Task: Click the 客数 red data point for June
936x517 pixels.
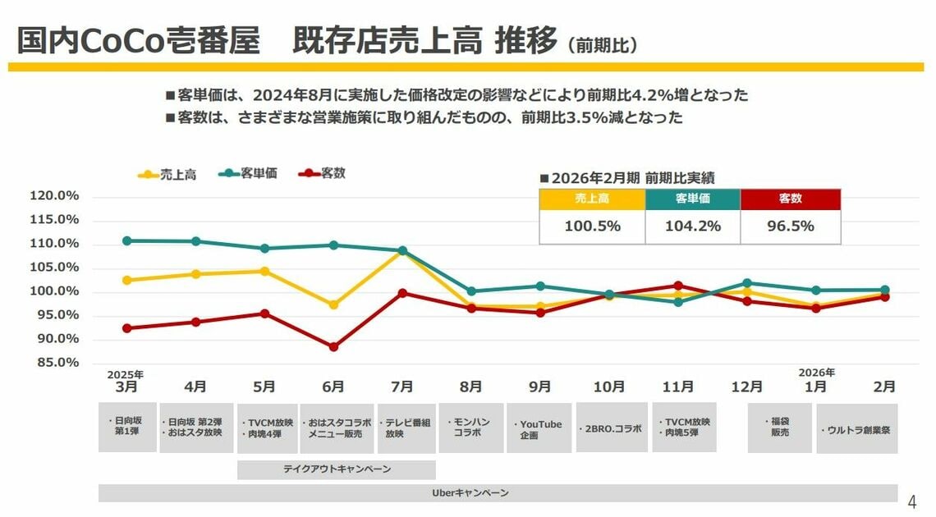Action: click(333, 347)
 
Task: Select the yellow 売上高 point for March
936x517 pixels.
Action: click(126, 280)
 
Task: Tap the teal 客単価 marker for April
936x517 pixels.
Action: click(195, 241)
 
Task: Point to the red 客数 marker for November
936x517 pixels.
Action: click(678, 286)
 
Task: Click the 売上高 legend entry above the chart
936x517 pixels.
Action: click(167, 174)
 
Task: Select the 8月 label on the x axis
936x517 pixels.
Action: click(471, 387)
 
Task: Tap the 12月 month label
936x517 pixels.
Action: click(747, 387)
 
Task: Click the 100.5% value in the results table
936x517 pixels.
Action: click(592, 226)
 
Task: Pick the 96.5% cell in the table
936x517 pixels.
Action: click(791, 226)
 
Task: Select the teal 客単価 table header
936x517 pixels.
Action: click(692, 199)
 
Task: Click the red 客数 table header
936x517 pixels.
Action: click(791, 199)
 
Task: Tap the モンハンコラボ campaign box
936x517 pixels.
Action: click(470, 428)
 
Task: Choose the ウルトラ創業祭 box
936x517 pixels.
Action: click(856, 428)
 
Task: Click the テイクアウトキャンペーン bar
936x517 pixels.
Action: click(337, 469)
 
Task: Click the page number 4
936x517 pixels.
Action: click(911, 501)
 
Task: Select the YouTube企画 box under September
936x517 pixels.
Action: click(539, 428)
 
